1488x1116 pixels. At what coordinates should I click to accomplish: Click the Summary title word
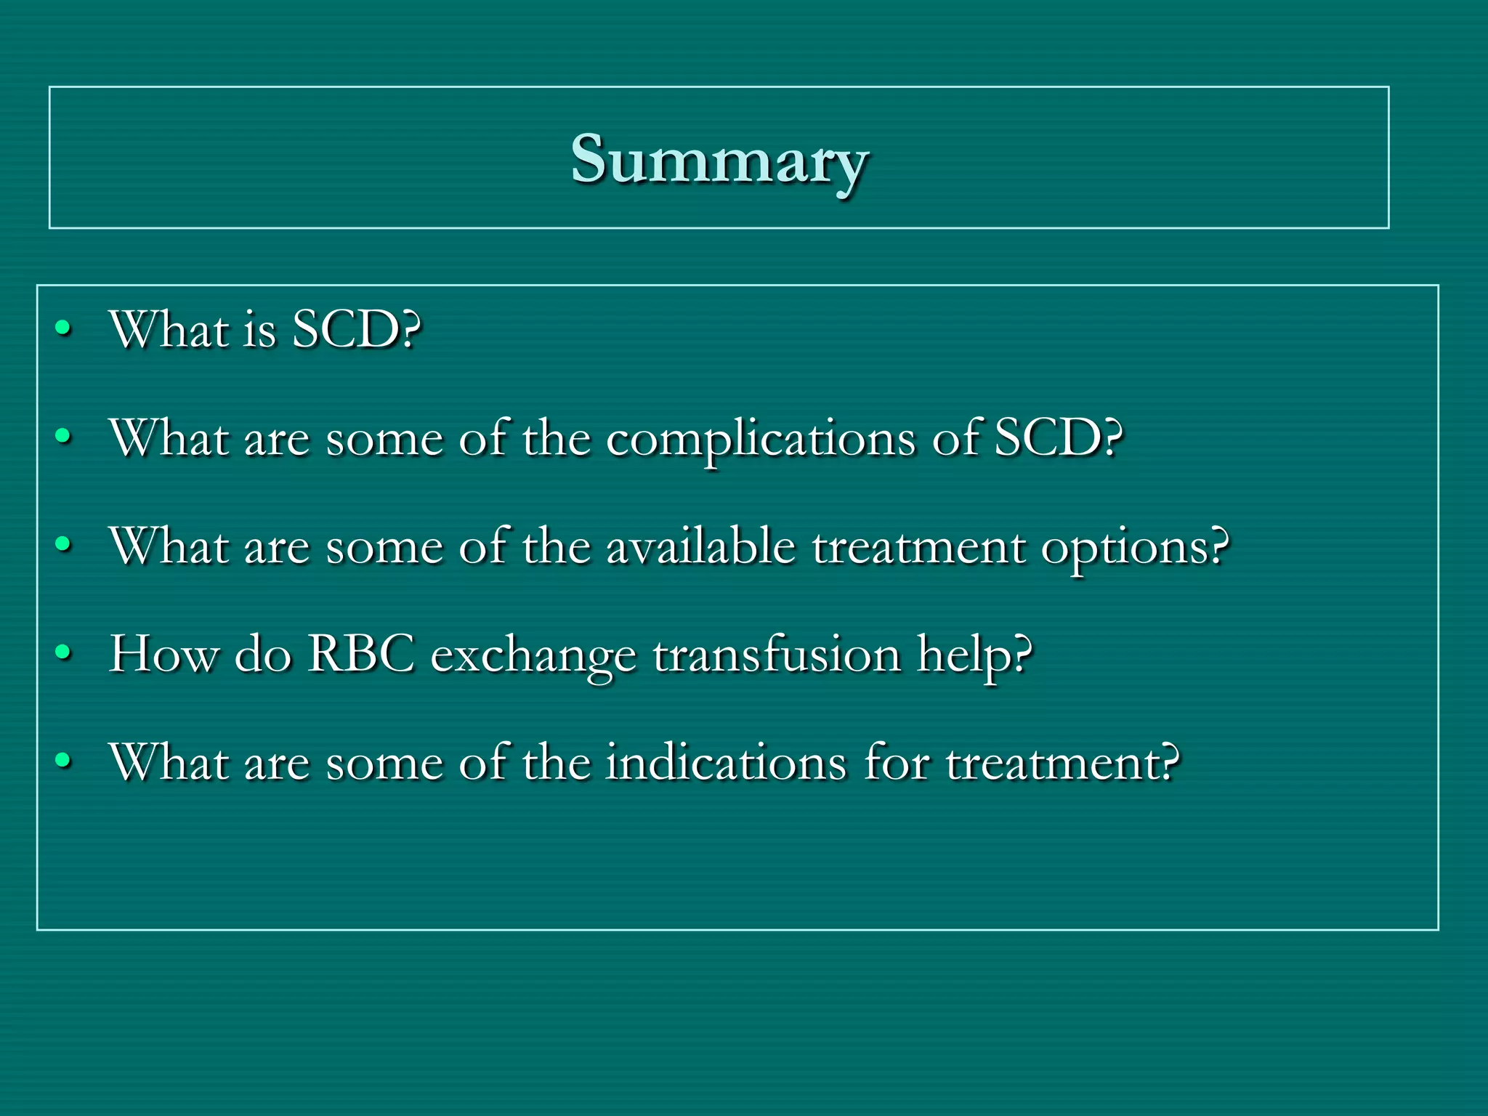tap(719, 160)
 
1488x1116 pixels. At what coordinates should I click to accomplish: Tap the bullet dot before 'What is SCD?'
tap(64, 329)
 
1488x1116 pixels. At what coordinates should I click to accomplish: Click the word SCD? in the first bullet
tap(356, 330)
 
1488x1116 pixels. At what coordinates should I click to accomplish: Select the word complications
tap(761, 439)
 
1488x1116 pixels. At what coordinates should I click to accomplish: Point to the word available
tap(700, 546)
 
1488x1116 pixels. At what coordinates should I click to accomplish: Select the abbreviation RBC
tap(360, 654)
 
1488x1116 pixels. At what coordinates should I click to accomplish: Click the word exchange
tap(533, 657)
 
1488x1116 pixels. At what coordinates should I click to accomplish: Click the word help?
tap(974, 656)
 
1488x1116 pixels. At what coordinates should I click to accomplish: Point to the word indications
tap(727, 762)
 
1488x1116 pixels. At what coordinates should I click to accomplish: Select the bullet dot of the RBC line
tap(64, 653)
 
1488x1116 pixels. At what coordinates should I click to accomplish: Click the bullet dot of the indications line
tap(64, 761)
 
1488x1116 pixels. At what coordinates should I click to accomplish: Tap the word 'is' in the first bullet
tap(260, 331)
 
